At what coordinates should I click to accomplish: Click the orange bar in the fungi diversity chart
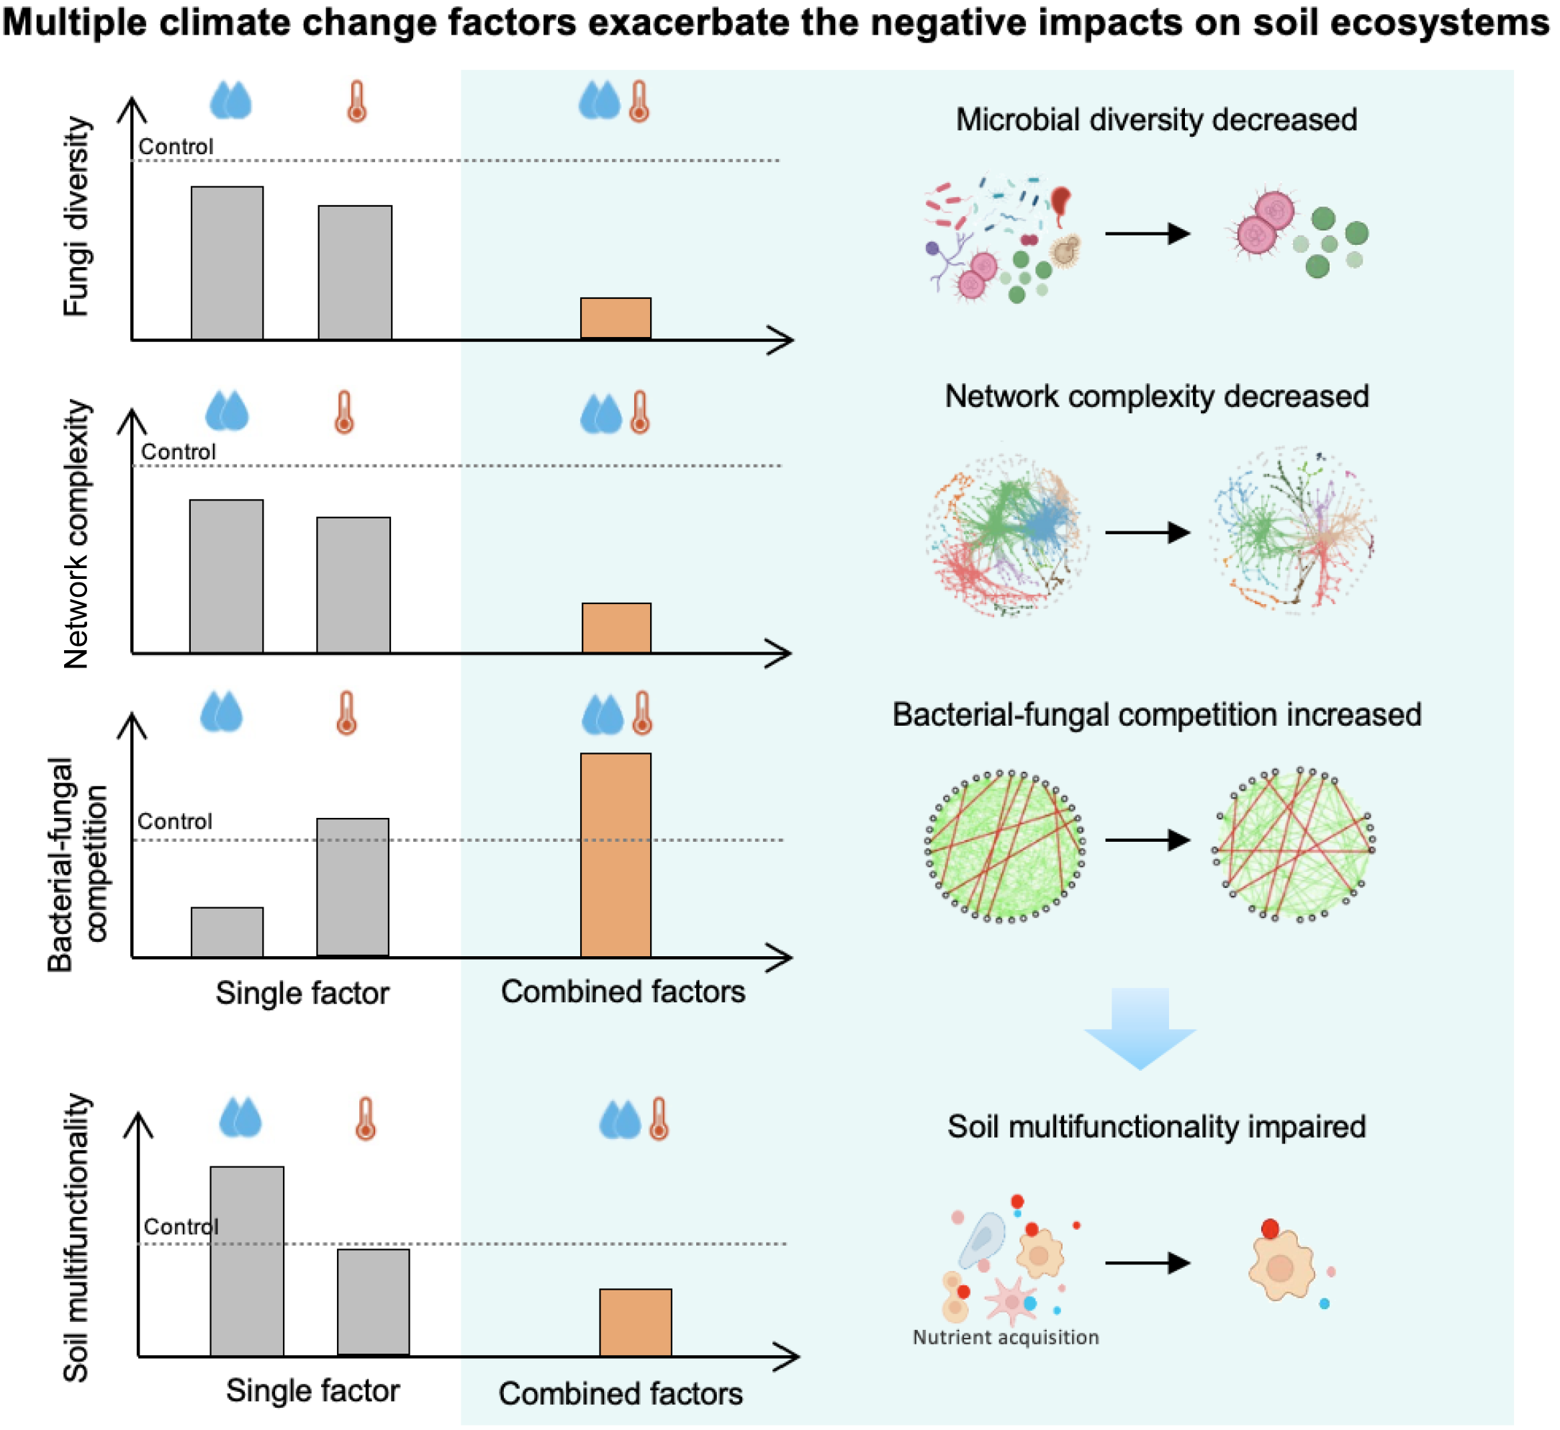616,318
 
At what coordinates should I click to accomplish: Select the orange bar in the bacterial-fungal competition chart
616,855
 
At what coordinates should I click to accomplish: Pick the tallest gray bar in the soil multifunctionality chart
247,1262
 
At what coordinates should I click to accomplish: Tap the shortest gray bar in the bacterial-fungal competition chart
227,932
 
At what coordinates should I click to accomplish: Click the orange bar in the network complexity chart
617,628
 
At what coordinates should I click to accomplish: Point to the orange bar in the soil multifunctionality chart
635,1323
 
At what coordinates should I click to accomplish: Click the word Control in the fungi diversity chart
176,146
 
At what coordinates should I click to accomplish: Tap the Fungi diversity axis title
76,217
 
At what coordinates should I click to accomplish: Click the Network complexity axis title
76,534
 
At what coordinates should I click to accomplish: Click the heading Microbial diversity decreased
1156,120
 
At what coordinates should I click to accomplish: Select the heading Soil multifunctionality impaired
1156,1127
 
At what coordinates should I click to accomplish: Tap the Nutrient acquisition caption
1005,1337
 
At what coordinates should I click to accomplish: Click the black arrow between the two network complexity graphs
1147,532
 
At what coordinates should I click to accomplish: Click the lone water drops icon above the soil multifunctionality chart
240,1118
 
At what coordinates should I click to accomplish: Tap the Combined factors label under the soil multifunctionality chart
621,1393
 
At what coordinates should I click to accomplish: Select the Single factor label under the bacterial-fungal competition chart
302,993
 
